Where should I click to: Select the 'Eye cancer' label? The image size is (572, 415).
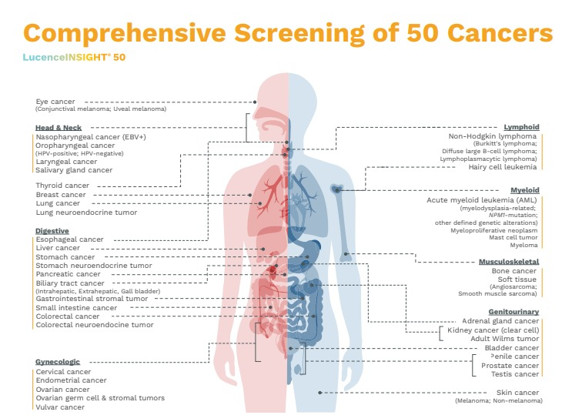coord(57,101)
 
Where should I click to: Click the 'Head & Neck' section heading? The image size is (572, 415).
coord(59,127)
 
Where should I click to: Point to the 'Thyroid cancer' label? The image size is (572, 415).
coord(62,186)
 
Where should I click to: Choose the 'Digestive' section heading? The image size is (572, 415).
coord(52,230)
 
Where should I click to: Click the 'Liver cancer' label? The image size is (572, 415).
coord(58,248)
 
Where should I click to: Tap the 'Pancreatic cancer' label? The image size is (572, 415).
coord(68,273)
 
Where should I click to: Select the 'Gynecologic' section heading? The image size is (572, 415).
coord(57,361)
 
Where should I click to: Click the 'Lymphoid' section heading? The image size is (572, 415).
coord(521,127)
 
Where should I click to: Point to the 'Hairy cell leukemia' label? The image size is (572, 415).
coord(503,166)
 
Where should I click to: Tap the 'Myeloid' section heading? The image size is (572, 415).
coord(524,189)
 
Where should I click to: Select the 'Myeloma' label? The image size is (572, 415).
coord(524,246)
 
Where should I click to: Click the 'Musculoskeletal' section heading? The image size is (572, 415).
coord(509,262)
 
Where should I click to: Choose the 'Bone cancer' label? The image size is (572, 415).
coord(515,271)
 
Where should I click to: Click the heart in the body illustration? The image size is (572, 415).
coord(299,205)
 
